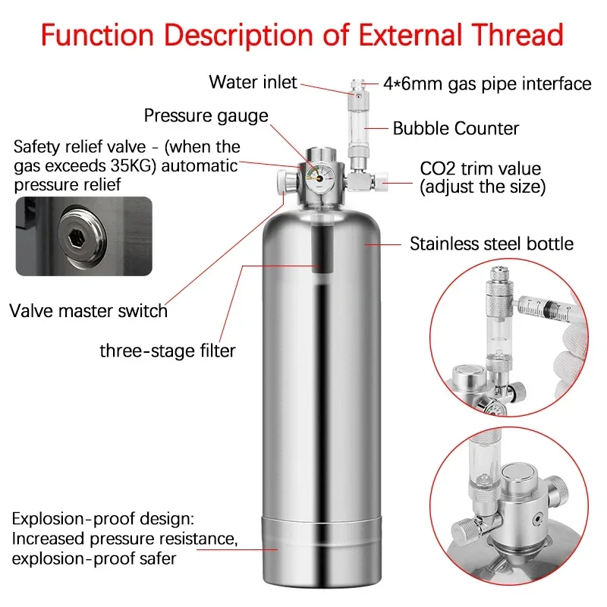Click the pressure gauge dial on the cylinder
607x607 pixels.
click(319, 178)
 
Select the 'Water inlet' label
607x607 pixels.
click(253, 82)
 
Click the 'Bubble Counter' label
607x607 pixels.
click(456, 128)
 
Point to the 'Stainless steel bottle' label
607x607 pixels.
click(492, 244)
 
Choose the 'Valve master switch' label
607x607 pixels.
click(88, 311)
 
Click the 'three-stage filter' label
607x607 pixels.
click(168, 351)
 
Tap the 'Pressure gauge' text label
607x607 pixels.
click(206, 116)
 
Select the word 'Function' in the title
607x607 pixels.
click(98, 35)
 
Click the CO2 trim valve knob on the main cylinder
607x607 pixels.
click(379, 182)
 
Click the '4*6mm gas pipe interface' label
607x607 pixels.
click(487, 84)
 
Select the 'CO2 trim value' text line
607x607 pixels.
click(480, 168)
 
